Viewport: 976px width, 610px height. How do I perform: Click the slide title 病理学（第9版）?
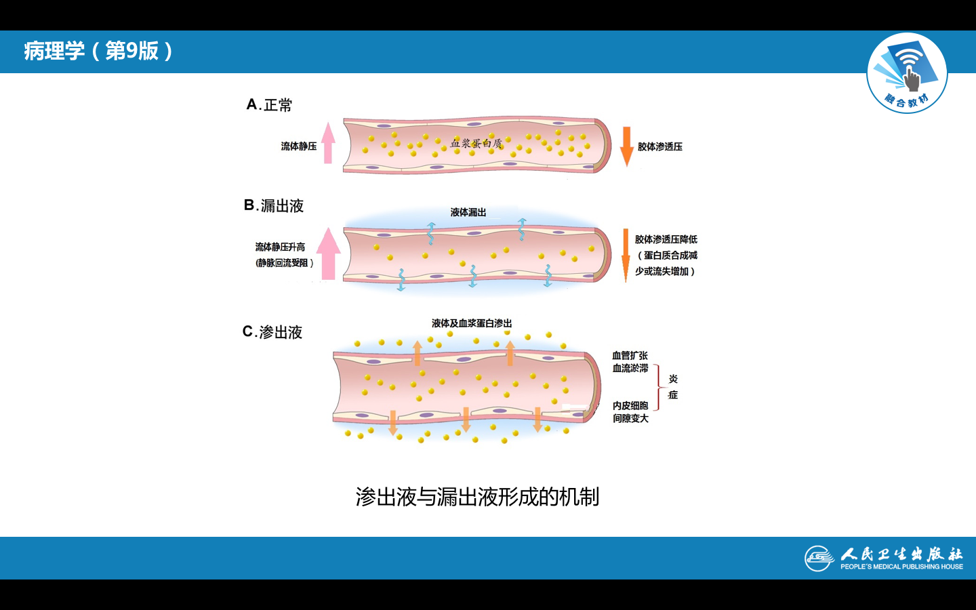[x=99, y=51]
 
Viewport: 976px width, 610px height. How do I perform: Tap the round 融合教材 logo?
[x=907, y=73]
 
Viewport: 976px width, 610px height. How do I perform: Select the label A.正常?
[x=269, y=105]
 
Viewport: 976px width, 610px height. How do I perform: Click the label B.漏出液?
[x=274, y=205]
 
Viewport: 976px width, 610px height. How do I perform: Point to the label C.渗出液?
[x=272, y=332]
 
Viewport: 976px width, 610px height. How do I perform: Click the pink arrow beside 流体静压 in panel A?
[x=328, y=143]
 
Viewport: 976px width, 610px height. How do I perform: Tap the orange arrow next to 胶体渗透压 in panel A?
[x=626, y=146]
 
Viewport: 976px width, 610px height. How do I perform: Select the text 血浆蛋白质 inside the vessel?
[x=476, y=143]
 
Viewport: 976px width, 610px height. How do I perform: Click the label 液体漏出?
[x=468, y=212]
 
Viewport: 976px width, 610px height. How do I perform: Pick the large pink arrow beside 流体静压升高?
[x=329, y=254]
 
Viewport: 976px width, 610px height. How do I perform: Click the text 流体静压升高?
[x=280, y=247]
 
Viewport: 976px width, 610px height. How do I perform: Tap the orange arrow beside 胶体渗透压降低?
[x=626, y=255]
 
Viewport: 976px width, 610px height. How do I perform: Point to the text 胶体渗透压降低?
[x=666, y=239]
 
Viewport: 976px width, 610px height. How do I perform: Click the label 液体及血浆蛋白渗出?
[x=472, y=323]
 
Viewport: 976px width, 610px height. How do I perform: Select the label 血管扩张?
[x=630, y=355]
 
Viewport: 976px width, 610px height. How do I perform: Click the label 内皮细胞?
[x=630, y=405]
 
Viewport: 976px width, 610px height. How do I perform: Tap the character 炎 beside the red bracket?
[x=673, y=379]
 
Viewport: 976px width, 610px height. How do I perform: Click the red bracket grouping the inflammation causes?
[x=657, y=387]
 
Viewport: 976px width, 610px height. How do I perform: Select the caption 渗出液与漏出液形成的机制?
[x=477, y=497]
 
